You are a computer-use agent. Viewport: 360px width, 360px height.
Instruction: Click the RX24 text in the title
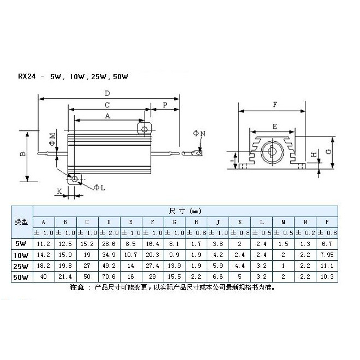[27, 76]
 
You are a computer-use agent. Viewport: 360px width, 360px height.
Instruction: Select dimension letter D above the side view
[107, 93]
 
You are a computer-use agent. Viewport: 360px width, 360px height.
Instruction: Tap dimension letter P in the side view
[165, 105]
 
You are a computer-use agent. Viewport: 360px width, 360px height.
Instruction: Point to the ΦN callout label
[199, 133]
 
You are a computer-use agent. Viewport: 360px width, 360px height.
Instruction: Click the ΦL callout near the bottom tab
[99, 188]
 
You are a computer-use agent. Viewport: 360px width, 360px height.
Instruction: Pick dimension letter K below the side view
[59, 191]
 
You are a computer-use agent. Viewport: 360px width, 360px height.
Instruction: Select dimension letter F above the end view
[275, 105]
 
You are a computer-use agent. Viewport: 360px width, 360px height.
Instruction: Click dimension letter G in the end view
[329, 152]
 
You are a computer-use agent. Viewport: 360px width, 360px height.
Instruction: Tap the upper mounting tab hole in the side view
[145, 129]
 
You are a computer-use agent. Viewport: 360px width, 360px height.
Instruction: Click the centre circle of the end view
[272, 152]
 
